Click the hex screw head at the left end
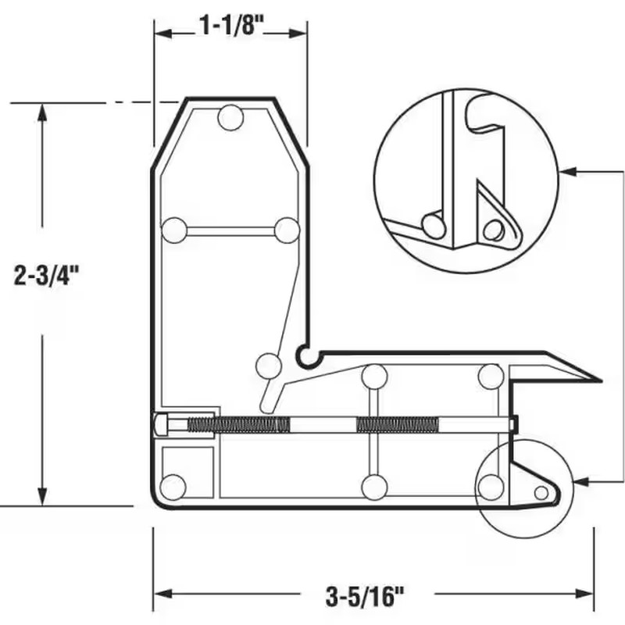pyautogui.click(x=162, y=424)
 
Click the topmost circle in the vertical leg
pyautogui.click(x=230, y=118)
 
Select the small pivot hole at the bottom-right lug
pyautogui.click(x=541, y=492)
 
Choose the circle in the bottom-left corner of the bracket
pyautogui.click(x=173, y=486)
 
